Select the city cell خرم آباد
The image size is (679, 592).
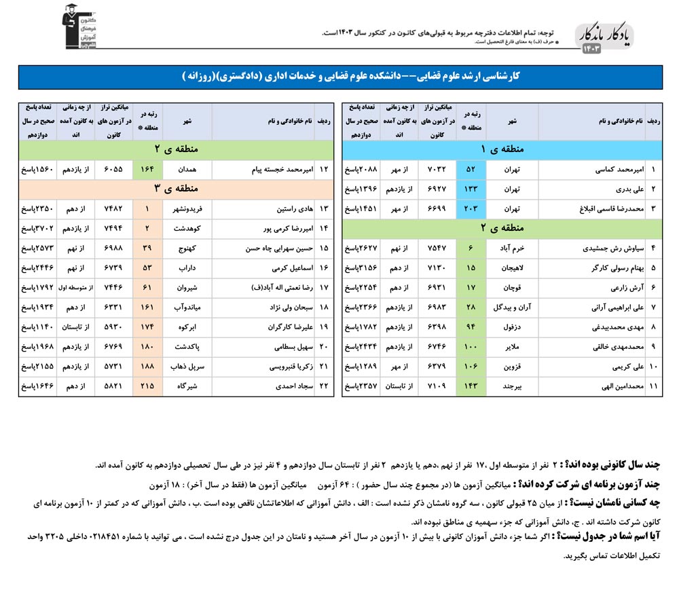[x=513, y=249]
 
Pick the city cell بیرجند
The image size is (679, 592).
[x=513, y=387]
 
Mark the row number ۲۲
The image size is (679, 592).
[x=324, y=387]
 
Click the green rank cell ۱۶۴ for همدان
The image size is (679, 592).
[x=147, y=170]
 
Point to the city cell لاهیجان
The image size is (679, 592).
[x=513, y=269]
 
